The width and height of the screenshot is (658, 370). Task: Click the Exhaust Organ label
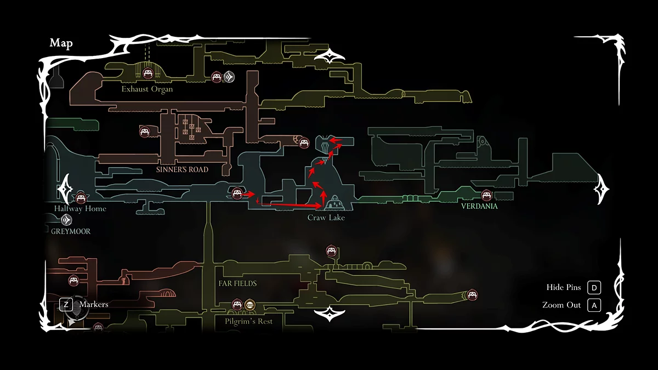pyautogui.click(x=147, y=89)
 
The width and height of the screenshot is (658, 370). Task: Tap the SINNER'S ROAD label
pyautogui.click(x=182, y=169)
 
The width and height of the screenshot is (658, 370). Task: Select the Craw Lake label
pyautogui.click(x=326, y=218)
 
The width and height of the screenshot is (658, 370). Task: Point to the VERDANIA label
pyautogui.click(x=479, y=207)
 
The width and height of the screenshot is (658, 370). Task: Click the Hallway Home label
pyautogui.click(x=80, y=209)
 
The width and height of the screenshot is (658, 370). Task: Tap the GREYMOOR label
pyautogui.click(x=71, y=231)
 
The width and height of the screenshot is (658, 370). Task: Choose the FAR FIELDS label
pyautogui.click(x=237, y=283)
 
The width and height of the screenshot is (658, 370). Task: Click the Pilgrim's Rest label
pyautogui.click(x=248, y=321)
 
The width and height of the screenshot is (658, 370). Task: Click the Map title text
pyautogui.click(x=61, y=43)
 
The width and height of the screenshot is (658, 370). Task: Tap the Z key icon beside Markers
pyautogui.click(x=66, y=304)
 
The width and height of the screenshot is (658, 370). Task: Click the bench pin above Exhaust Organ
pyautogui.click(x=148, y=73)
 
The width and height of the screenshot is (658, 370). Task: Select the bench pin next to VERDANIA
pyautogui.click(x=486, y=195)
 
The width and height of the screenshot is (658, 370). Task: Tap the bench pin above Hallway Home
pyautogui.click(x=81, y=196)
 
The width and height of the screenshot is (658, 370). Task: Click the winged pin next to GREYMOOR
pyautogui.click(x=66, y=220)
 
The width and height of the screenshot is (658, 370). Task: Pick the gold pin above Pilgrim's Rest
pyautogui.click(x=249, y=304)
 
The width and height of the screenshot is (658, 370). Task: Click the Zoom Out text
pyautogui.click(x=561, y=305)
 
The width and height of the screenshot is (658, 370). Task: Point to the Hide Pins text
pyautogui.click(x=563, y=287)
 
